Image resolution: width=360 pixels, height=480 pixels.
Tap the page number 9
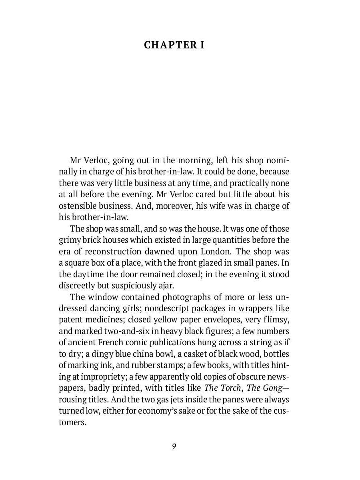point(174,446)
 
